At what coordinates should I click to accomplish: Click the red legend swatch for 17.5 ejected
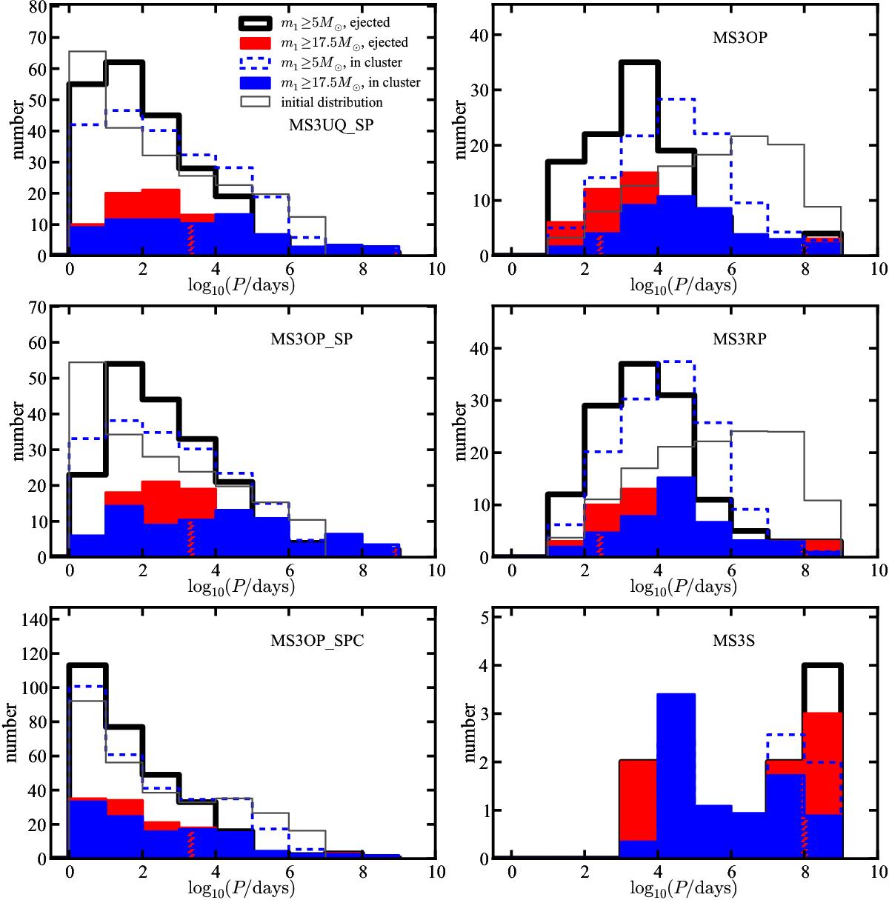tap(247, 43)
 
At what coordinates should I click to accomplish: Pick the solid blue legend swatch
tap(247, 82)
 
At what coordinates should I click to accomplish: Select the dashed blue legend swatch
tap(247, 63)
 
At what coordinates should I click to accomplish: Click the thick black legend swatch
tap(247, 24)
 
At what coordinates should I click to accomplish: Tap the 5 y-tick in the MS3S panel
tap(481, 616)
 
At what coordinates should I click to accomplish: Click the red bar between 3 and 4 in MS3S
tap(639, 800)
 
